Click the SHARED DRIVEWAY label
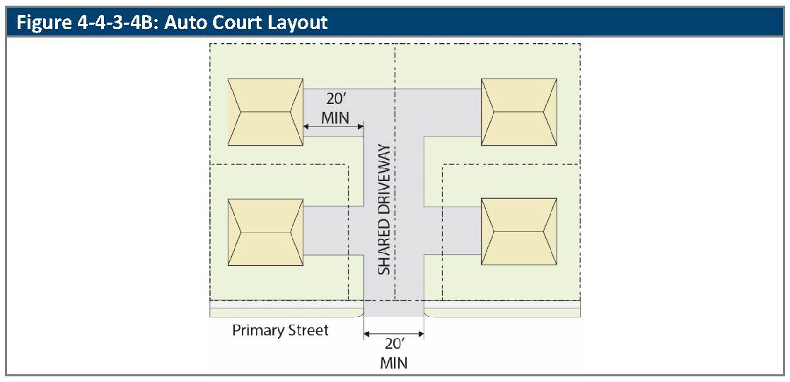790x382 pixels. coord(384,209)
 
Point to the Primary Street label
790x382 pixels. coord(281,330)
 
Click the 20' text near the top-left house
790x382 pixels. coord(335,100)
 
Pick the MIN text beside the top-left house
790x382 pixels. coord(335,117)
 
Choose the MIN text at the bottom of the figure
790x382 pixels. coord(394,364)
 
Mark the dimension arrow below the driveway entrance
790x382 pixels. coord(394,333)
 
